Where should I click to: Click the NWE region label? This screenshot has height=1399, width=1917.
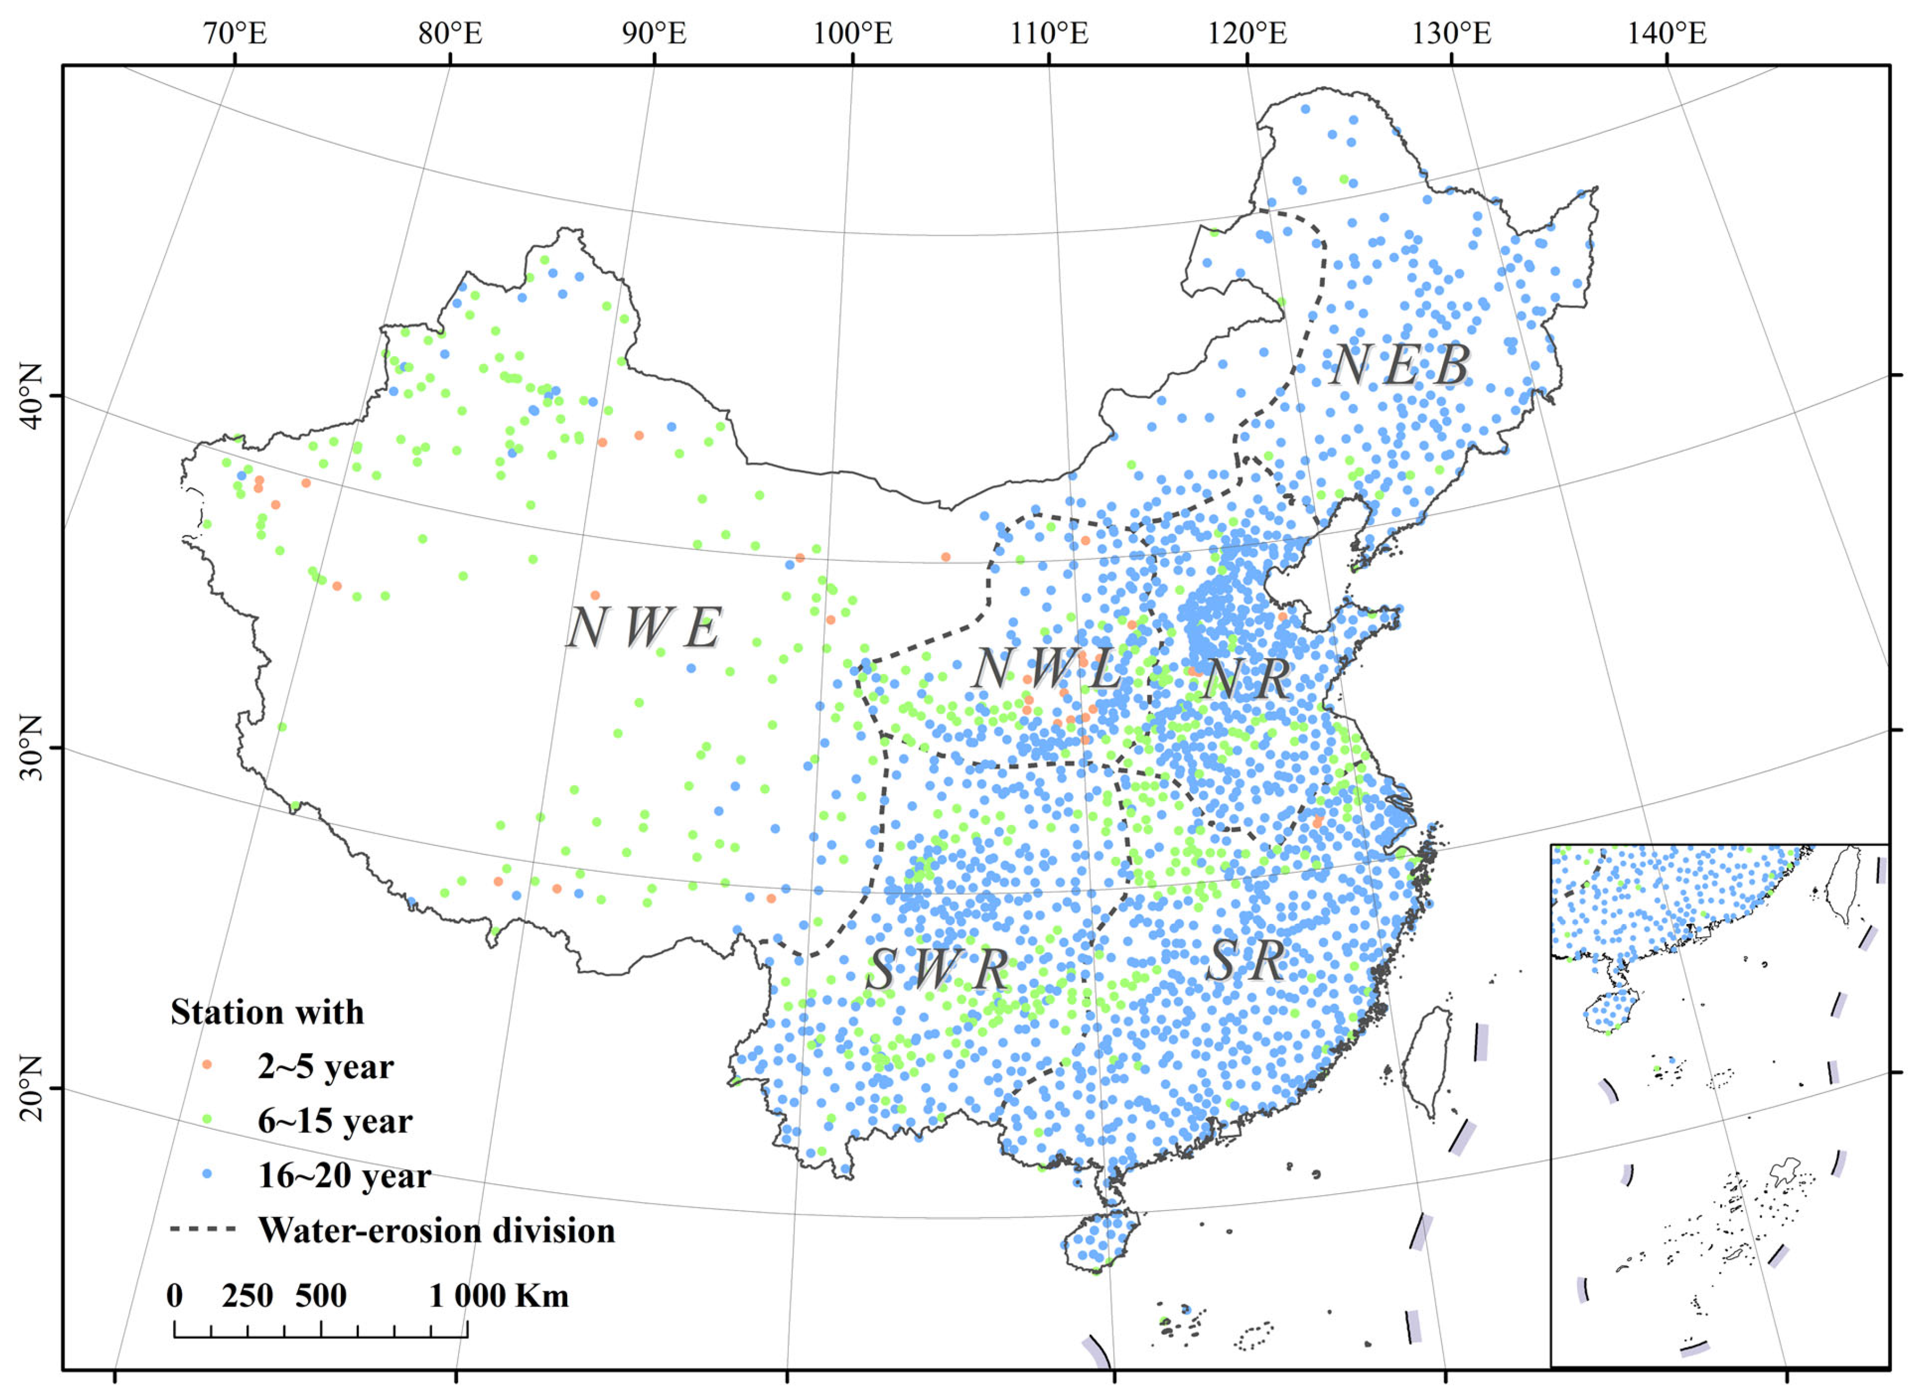pos(644,629)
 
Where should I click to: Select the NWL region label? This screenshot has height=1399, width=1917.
pos(1046,669)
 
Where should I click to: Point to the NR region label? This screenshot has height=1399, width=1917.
pos(1246,679)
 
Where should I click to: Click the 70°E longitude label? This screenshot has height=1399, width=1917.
pos(235,34)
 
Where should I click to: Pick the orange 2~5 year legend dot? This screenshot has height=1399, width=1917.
pos(207,1066)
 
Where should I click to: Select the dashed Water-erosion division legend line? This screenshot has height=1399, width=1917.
pos(203,1229)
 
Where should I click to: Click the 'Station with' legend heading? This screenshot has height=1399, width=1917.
pos(266,1012)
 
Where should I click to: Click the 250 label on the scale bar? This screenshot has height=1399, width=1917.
pos(247,1295)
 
